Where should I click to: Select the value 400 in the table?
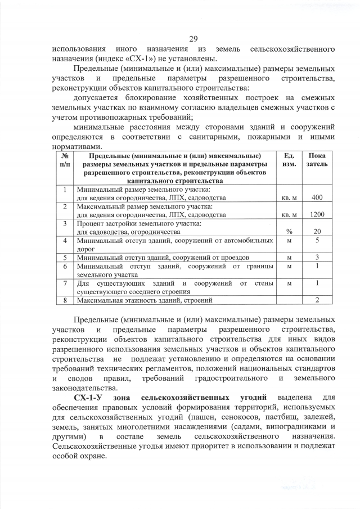[x=317, y=197]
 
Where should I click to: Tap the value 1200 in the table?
[x=317, y=214]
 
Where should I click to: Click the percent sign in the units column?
[x=289, y=231]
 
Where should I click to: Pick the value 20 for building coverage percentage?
[x=317, y=231]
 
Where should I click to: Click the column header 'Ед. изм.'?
[x=289, y=159]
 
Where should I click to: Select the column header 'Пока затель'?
[x=317, y=159]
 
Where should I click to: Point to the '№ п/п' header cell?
[x=65, y=159]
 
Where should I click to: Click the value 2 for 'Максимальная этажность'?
[x=317, y=300]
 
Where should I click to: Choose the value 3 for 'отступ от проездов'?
[x=317, y=257]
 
